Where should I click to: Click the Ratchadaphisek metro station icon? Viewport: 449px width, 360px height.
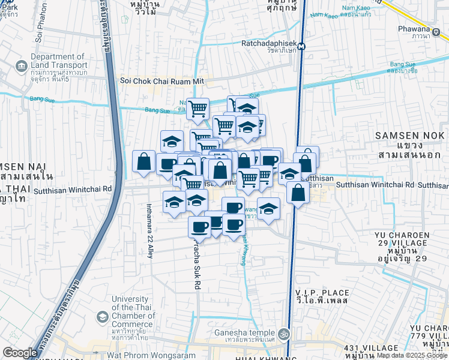[301, 46]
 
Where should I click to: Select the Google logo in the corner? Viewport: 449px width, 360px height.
[20, 353]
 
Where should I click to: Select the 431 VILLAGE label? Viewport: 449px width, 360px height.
[371, 348]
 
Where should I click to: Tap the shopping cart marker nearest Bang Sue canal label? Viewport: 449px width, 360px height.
[197, 109]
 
